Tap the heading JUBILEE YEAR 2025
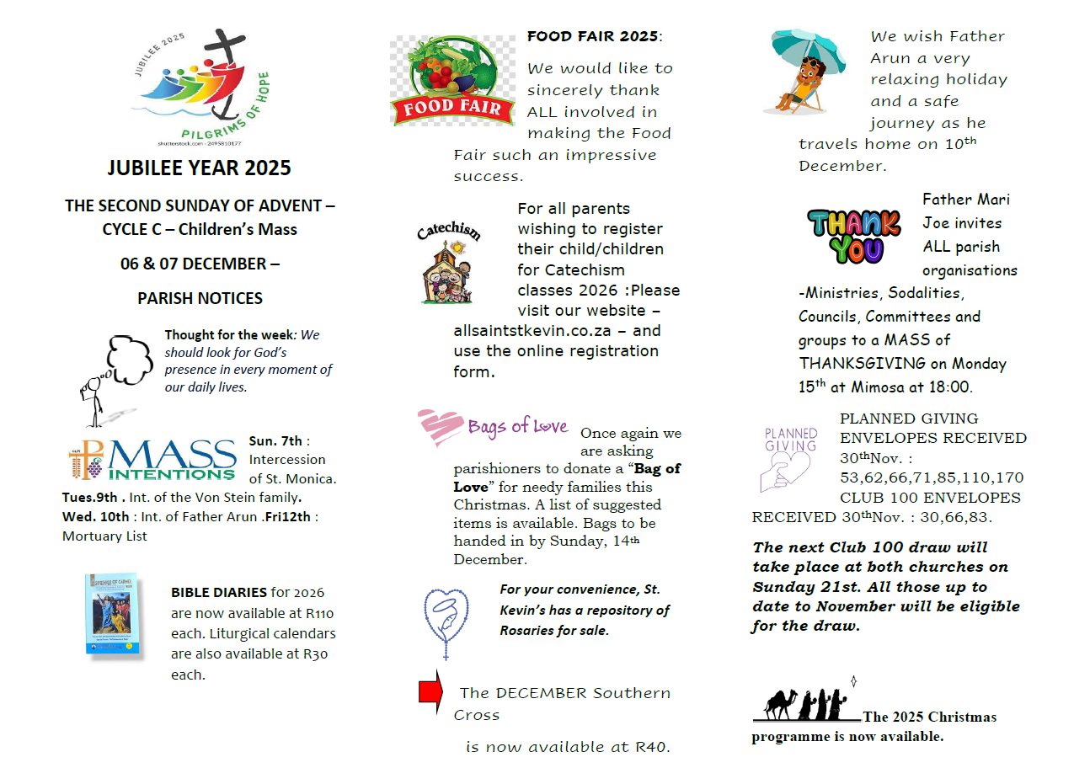(x=199, y=168)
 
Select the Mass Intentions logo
(x=152, y=459)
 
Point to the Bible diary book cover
(x=110, y=615)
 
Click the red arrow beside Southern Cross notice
(x=431, y=691)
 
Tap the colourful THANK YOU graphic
(x=853, y=235)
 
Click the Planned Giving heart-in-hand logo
(x=789, y=459)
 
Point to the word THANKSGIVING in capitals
(x=854, y=364)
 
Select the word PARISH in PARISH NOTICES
(x=166, y=298)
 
